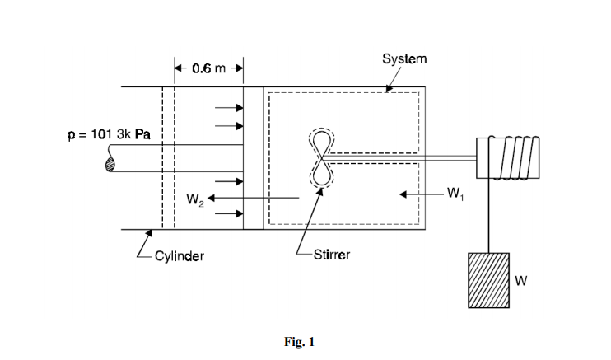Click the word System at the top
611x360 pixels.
point(404,58)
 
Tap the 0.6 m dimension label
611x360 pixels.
point(208,68)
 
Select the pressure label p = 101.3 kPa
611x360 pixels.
point(109,134)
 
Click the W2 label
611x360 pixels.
point(195,199)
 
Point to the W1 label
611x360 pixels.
point(455,193)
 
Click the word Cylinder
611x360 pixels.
point(180,256)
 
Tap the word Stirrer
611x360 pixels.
point(332,255)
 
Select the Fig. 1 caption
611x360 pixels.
point(299,342)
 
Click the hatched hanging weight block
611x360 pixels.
point(488,280)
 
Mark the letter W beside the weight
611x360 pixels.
point(520,281)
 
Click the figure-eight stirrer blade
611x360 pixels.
point(321,158)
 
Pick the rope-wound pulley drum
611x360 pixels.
point(508,158)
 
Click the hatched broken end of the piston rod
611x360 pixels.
point(110,164)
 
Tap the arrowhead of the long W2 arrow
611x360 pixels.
point(211,199)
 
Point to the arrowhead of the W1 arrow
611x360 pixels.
point(403,194)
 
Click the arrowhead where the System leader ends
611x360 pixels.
point(389,89)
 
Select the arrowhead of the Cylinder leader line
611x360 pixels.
point(149,233)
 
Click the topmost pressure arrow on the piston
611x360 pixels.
point(229,108)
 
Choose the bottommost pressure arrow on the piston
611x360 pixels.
point(229,213)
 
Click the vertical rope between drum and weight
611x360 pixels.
point(489,216)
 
